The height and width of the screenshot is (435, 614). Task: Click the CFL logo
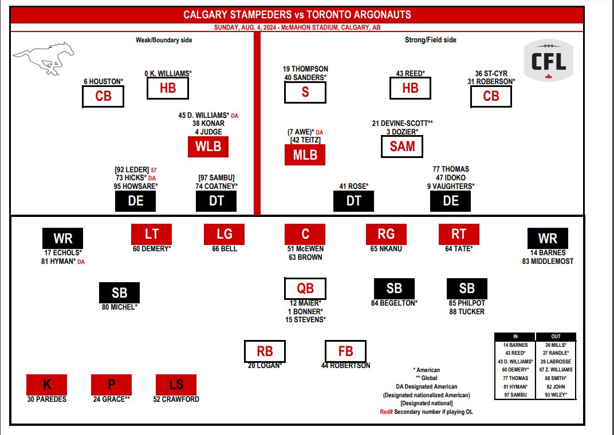(x=549, y=62)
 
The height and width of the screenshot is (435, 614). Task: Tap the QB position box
(x=305, y=288)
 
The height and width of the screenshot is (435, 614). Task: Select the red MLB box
(x=305, y=155)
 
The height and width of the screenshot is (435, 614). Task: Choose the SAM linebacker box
(x=402, y=146)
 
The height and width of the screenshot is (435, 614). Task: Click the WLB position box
(x=208, y=146)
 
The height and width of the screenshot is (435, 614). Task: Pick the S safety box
(x=305, y=92)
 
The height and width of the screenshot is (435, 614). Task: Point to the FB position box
(x=345, y=351)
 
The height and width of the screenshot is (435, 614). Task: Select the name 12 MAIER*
(x=305, y=303)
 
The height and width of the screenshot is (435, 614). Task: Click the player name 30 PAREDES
(x=47, y=399)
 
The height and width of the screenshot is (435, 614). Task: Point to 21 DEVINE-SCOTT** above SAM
(x=402, y=123)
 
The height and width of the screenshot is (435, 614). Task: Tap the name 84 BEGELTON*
(x=394, y=303)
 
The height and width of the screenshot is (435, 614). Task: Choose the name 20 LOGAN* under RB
(x=265, y=365)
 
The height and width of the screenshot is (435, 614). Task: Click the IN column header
(x=514, y=337)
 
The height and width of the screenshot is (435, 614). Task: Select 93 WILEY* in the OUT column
(x=556, y=395)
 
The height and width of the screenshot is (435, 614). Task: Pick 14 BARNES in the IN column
(x=514, y=345)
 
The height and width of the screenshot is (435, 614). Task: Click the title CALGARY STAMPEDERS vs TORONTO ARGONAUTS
(x=297, y=15)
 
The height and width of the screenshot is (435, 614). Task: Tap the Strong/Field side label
(x=430, y=40)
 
